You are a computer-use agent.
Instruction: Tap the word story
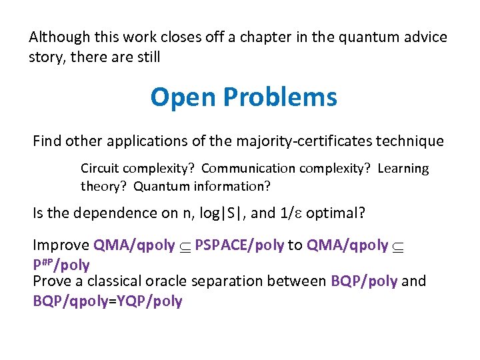pos(46,57)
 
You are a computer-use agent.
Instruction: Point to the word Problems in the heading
pos(280,97)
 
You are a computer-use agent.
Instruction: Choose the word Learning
pos(403,169)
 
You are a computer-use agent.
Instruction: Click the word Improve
pos(61,245)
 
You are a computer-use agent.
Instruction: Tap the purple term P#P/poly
pos(61,265)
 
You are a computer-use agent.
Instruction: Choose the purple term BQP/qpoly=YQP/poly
pos(107,301)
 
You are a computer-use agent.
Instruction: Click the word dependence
pos(112,213)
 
